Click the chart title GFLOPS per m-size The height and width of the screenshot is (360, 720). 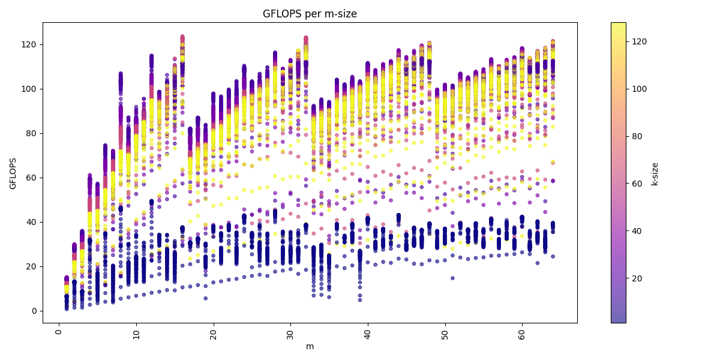310,14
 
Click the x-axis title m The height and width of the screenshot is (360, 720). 310,347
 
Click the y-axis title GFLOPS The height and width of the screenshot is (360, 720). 13,173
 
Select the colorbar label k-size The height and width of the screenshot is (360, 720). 655,173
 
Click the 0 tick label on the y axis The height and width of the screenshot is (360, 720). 35,311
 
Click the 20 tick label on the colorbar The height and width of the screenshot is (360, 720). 637,278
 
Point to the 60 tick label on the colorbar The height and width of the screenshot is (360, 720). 637,184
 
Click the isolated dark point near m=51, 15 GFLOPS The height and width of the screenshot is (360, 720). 452,278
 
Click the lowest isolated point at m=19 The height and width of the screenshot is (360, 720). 205,298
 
